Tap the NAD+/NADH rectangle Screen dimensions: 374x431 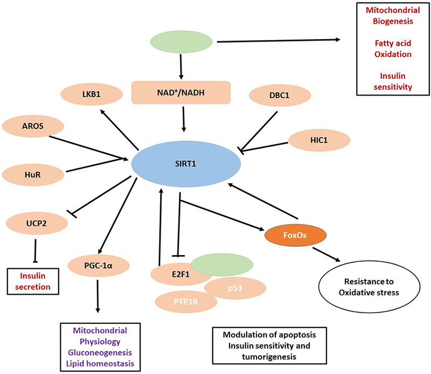181,93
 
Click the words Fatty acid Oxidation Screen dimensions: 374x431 384,49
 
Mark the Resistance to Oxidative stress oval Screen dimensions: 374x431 366,288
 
